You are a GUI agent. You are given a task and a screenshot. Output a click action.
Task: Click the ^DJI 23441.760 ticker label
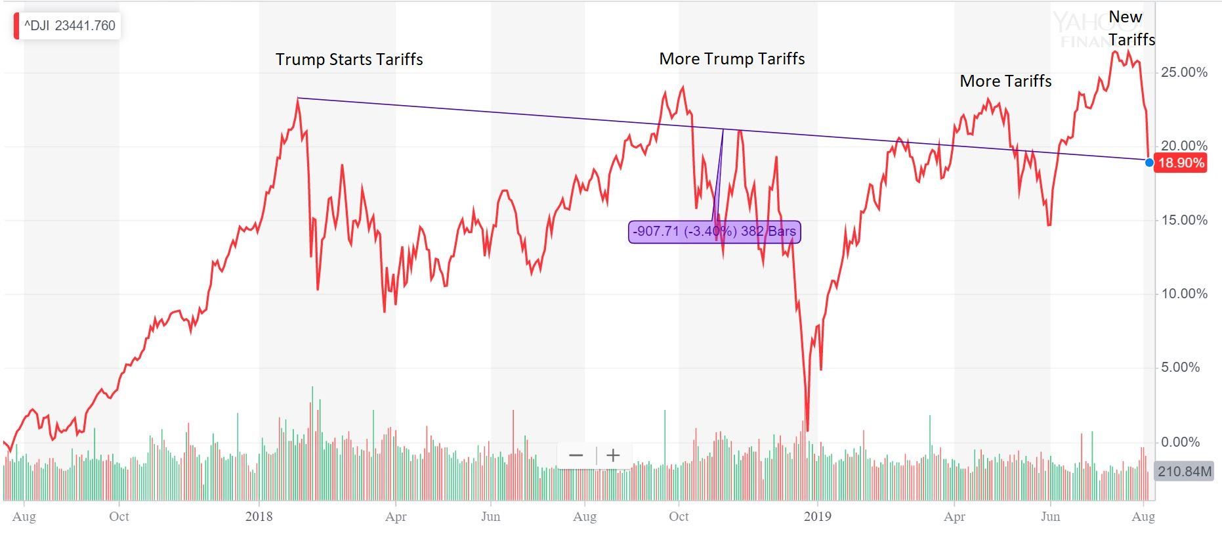pyautogui.click(x=69, y=26)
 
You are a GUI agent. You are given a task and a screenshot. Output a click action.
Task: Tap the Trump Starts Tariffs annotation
pyautogui.click(x=349, y=59)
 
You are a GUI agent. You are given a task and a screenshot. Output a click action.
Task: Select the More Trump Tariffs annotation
pyautogui.click(x=732, y=58)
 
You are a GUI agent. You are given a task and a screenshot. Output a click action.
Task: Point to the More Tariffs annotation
pyautogui.click(x=1005, y=81)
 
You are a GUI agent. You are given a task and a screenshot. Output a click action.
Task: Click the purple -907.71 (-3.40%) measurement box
pyautogui.click(x=714, y=231)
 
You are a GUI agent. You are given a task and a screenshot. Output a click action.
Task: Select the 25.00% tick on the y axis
pyautogui.click(x=1184, y=72)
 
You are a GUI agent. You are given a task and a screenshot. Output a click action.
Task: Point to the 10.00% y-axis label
pyautogui.click(x=1184, y=294)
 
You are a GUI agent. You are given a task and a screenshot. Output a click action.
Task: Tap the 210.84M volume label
pyautogui.click(x=1184, y=471)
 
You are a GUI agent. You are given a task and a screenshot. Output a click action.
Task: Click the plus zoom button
pyautogui.click(x=613, y=455)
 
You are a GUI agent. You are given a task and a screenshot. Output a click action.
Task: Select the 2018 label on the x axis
pyautogui.click(x=259, y=516)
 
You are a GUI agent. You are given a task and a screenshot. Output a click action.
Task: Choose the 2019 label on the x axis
pyautogui.click(x=817, y=516)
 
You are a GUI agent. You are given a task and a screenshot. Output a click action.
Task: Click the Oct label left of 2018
pyautogui.click(x=119, y=516)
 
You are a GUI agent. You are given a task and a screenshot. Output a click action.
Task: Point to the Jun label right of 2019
pyautogui.click(x=1050, y=516)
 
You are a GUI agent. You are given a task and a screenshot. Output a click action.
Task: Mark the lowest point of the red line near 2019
pyautogui.click(x=807, y=430)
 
